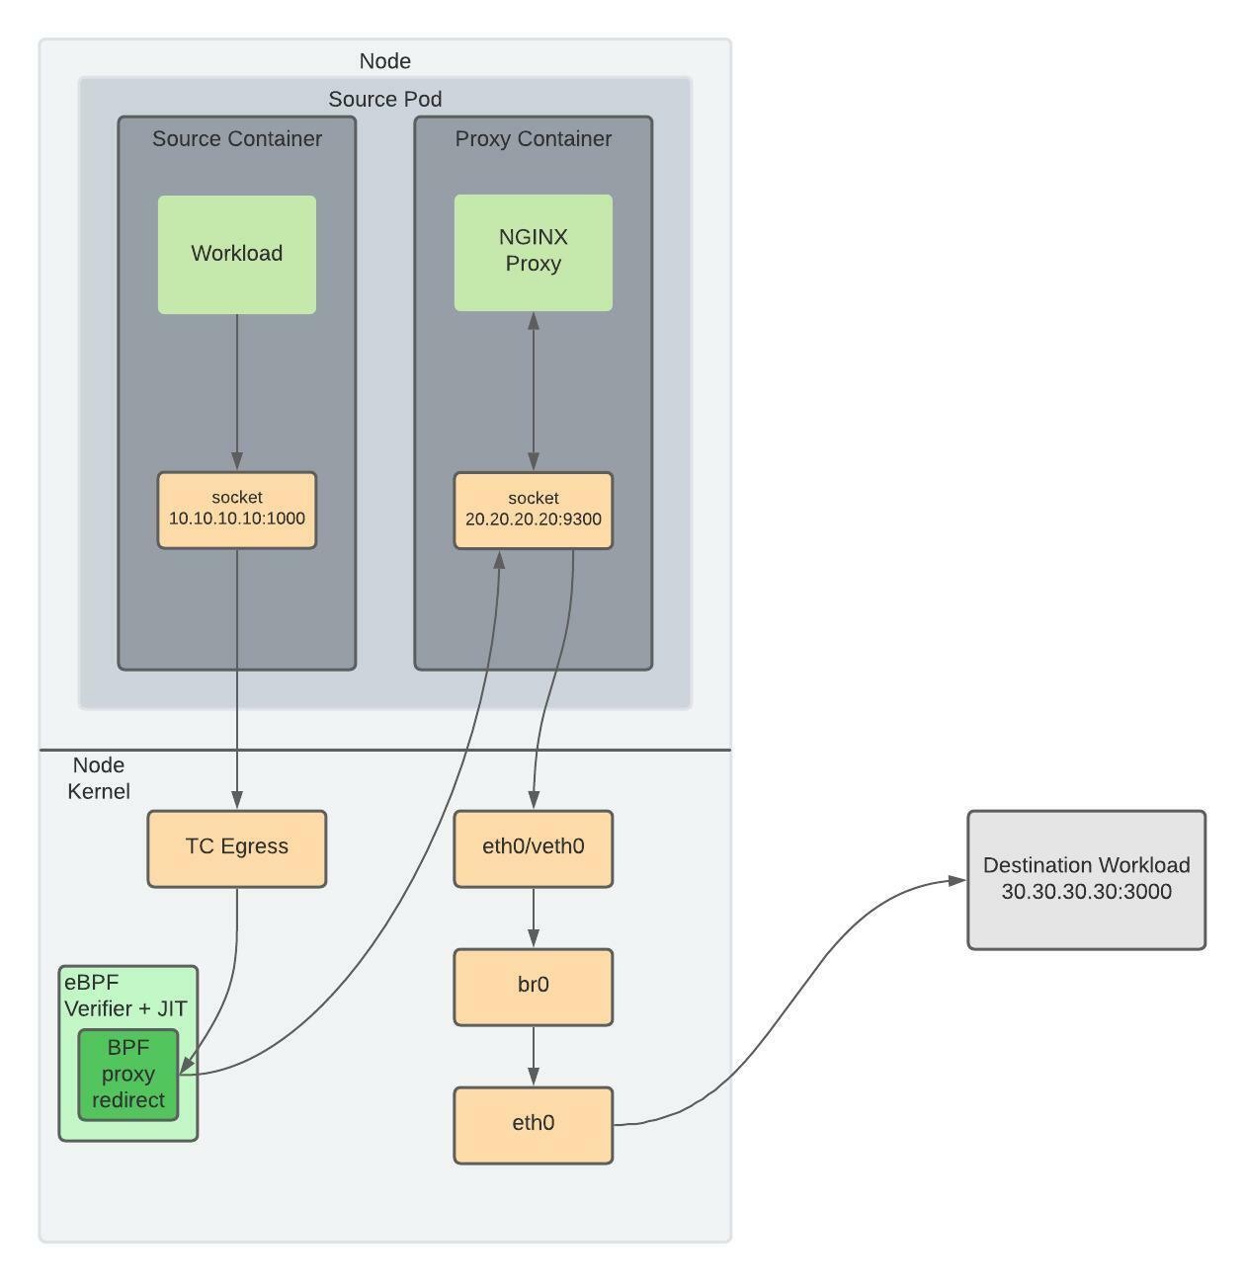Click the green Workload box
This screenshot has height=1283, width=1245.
click(x=237, y=254)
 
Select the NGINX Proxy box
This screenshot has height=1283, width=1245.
click(x=533, y=252)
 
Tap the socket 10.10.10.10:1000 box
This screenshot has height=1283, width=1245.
click(x=237, y=510)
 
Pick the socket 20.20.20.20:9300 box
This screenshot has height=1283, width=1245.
click(x=533, y=510)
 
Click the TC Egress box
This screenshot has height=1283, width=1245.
click(x=237, y=847)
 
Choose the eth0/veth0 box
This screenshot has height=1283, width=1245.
click(x=533, y=847)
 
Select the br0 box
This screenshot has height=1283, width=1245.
click(x=533, y=986)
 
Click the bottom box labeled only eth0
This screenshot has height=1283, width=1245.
click(x=533, y=1124)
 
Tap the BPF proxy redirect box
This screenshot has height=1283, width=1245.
click(x=128, y=1075)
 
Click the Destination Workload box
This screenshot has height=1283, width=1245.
click(x=1086, y=879)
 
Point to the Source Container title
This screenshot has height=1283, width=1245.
click(x=237, y=139)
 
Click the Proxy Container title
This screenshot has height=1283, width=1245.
click(x=533, y=139)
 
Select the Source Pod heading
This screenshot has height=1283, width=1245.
click(x=384, y=100)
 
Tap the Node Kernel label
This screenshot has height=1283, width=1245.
click(x=99, y=778)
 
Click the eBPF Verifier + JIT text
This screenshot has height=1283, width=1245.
click(x=125, y=996)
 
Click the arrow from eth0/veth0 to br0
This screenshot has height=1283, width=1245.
click(x=534, y=918)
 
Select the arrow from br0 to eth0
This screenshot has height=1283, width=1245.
click(x=534, y=1056)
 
